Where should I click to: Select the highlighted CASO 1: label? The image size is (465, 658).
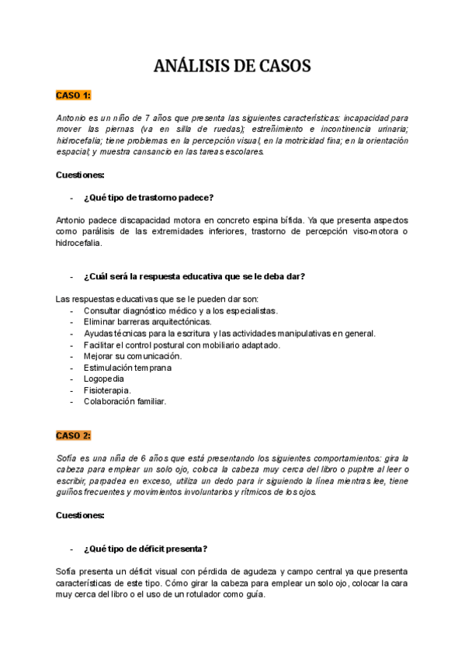[74, 95]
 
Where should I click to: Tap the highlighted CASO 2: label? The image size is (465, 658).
[74, 435]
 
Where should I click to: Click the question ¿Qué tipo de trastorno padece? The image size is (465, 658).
[149, 197]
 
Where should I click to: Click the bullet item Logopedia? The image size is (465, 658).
[103, 379]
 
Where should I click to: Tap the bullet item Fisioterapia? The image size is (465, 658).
[107, 390]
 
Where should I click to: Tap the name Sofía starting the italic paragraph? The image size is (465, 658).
[68, 459]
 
